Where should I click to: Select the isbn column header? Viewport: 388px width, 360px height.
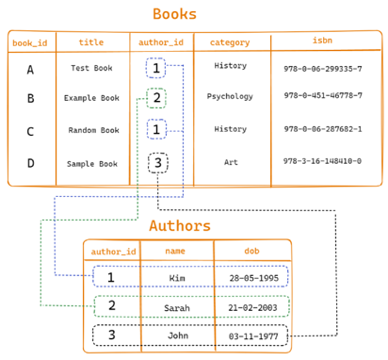pos(321,41)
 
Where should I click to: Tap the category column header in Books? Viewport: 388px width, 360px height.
pos(230,42)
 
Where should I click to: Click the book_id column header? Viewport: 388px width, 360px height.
pos(30,42)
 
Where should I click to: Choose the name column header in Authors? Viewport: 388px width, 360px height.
pos(175,251)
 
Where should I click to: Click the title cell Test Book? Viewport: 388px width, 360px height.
pos(92,68)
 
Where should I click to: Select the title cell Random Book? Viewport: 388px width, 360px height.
pos(92,130)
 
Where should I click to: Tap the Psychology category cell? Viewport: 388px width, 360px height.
pos(230,96)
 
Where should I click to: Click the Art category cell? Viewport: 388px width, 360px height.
pos(230,161)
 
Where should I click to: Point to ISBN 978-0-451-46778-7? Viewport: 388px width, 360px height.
pos(322,96)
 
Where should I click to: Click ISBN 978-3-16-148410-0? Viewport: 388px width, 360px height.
pos(322,161)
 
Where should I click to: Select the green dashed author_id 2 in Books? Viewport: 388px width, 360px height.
pos(156,97)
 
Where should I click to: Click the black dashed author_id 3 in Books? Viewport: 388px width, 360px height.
pos(159,163)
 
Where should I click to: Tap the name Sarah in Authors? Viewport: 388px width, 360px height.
pos(176,306)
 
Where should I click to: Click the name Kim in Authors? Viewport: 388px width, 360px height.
pos(176,278)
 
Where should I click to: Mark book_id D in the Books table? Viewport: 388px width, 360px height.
pos(30,163)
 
